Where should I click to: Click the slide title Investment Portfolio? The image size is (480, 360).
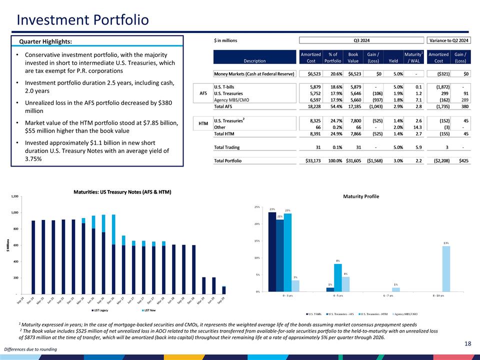82,20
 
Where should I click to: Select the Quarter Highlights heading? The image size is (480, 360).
45,41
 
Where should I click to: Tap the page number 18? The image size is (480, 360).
467,343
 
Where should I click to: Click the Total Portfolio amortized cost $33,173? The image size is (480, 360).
310,160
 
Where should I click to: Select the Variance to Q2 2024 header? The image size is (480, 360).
448,40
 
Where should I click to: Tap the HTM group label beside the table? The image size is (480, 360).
203,123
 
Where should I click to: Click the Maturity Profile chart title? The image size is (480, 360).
361,196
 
